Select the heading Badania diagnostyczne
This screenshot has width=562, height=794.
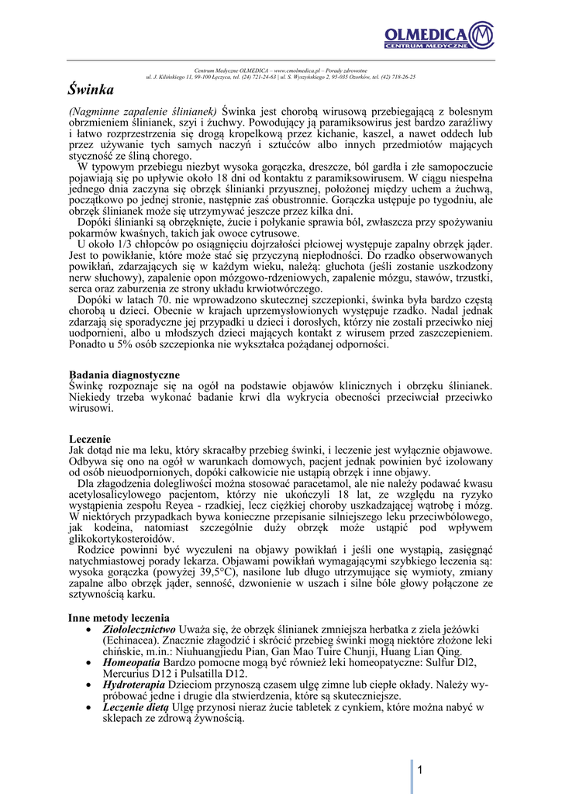pyautogui.click(x=124, y=375)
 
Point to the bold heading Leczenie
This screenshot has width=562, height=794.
pyautogui.click(x=90, y=439)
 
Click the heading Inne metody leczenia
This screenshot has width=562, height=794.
pyautogui.click(x=118, y=618)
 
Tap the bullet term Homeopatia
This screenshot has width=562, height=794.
pyautogui.click(x=131, y=663)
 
